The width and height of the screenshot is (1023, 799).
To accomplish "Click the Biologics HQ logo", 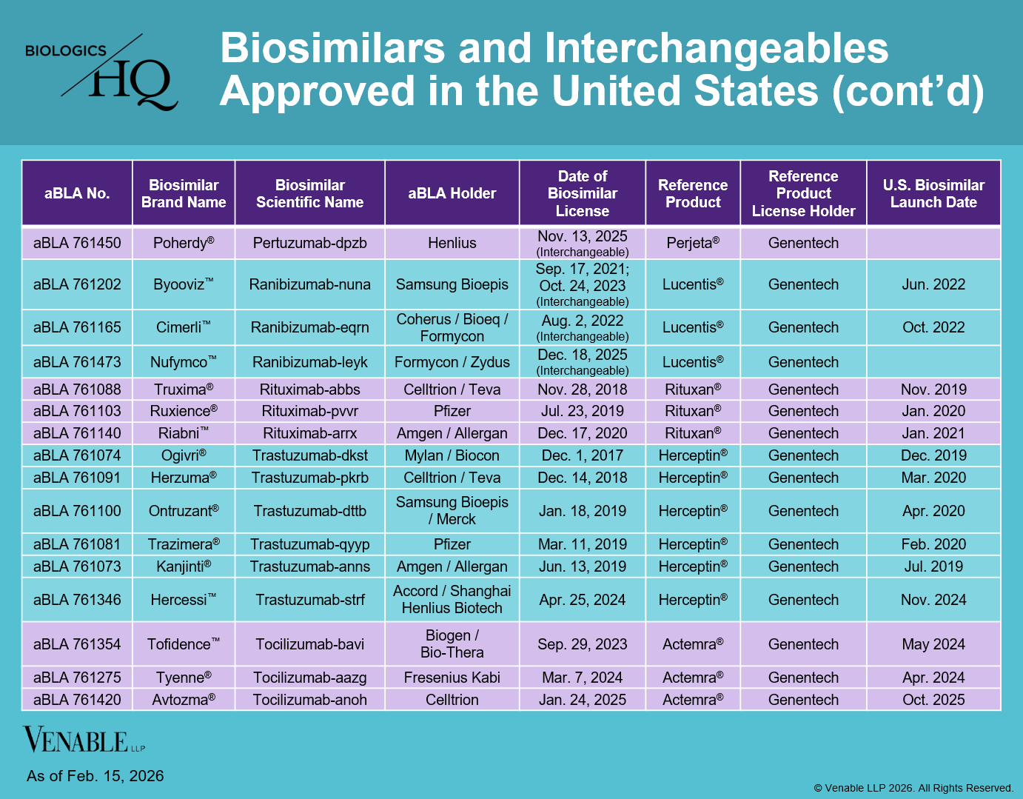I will tap(102, 72).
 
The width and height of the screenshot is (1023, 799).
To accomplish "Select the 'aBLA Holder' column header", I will tap(452, 193).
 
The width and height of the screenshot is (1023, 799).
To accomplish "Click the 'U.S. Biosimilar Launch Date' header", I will tap(933, 193).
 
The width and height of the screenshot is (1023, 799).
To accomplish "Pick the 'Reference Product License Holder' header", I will tap(803, 193).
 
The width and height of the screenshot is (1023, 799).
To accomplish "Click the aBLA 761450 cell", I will tap(77, 243).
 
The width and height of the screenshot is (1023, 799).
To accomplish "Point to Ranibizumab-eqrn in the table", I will tap(309, 327).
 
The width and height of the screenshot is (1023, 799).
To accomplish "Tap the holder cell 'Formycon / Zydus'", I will tap(452, 362).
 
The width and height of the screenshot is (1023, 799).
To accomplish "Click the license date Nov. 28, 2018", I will tap(582, 390).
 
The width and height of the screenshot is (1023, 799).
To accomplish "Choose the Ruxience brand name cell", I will tap(183, 411).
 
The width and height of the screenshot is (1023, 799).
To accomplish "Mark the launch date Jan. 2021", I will tap(933, 433).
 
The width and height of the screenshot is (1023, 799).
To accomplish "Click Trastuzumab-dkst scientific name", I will tap(309, 455).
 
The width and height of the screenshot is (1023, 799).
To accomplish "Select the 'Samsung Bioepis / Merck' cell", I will tap(452, 511).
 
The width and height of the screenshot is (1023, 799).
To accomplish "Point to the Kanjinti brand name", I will tap(183, 566).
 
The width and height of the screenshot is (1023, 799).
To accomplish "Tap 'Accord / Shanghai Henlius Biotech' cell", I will tap(452, 600).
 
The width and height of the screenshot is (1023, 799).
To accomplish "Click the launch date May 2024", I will tap(933, 644).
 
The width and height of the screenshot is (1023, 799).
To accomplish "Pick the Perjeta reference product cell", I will tap(692, 243).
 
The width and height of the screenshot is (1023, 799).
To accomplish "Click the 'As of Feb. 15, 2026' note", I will tap(95, 776).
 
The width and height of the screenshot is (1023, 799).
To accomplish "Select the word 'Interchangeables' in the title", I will tap(717, 49).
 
